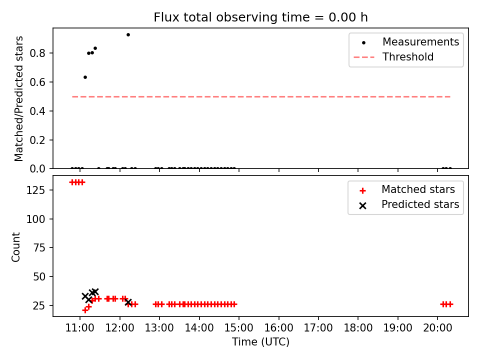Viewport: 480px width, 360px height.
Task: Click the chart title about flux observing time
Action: pos(260,17)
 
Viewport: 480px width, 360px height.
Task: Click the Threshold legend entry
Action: pos(393,57)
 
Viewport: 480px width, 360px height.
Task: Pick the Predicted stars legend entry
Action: pos(408,204)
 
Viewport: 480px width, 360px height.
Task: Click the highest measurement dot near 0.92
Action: pos(128,35)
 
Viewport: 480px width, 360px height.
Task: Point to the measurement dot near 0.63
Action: pos(85,77)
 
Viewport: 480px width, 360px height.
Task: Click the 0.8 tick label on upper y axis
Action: pos(37,53)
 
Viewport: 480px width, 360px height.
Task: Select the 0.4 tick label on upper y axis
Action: pos(37,111)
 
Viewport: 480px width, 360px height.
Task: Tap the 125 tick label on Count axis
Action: pos(36,190)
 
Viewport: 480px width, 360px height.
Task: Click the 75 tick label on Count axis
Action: pos(39,248)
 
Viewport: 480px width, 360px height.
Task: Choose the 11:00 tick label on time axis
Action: pos(80,328)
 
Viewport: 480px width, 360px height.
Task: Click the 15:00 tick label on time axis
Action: pos(239,328)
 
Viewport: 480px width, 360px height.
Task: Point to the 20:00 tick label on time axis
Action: pos(437,328)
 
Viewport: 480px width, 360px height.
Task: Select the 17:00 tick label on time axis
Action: pos(318,328)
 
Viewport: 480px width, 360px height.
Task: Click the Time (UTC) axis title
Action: pos(260,342)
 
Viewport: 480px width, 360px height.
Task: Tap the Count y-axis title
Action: pos(15,246)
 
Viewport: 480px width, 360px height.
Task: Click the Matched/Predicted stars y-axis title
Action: pos(19,98)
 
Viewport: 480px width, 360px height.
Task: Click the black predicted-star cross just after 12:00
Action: pos(128,302)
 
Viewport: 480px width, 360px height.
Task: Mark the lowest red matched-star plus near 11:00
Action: pos(85,310)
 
